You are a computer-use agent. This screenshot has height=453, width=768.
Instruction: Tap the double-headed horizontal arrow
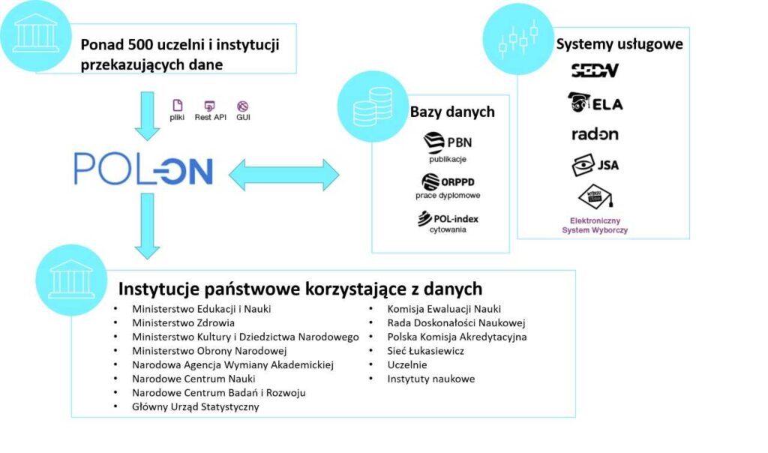[283, 175]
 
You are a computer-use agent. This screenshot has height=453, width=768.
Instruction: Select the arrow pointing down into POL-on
[148, 114]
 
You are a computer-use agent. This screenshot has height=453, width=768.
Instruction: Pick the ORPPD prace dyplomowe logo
[448, 185]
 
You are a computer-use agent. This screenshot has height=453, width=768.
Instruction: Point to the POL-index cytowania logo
[448, 222]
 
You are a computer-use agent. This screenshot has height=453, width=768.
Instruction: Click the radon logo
[595, 134]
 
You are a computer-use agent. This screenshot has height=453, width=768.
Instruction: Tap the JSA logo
[595, 165]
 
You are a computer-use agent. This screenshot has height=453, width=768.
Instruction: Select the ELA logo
[595, 103]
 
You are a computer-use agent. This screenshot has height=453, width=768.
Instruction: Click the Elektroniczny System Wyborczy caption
[595, 226]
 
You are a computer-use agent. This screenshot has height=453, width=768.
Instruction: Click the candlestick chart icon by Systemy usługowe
[518, 39]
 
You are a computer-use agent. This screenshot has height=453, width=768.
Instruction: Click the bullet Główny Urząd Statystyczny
[195, 406]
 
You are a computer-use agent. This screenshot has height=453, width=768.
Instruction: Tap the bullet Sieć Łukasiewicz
[425, 350]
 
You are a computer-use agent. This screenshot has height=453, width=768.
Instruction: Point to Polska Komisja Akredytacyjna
[457, 337]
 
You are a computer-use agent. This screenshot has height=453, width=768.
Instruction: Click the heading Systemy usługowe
[619, 43]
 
